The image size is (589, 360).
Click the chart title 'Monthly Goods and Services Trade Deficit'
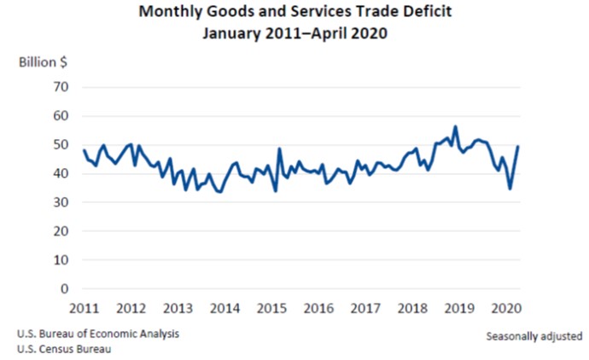point(294,14)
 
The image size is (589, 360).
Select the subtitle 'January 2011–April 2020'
point(294,34)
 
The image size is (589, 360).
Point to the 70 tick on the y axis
point(61,87)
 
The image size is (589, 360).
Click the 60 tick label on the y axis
point(61,116)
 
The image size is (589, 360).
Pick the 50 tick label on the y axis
point(61,145)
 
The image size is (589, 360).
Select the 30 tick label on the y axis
point(61,203)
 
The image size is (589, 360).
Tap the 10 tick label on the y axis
point(61,260)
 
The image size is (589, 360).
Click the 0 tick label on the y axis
point(64,289)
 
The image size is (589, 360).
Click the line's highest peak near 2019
point(455,127)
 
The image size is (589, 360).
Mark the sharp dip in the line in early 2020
point(510,189)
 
